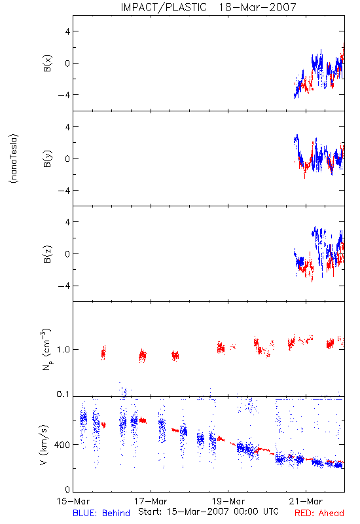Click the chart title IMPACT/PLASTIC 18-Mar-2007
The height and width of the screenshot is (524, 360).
[208, 7]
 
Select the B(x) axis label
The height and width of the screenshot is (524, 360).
[48, 63]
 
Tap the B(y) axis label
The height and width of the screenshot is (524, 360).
[48, 159]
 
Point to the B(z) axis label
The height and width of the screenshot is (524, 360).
[48, 254]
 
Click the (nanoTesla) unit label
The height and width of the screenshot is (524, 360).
[14, 159]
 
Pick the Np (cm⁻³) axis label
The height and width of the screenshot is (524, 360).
[46, 349]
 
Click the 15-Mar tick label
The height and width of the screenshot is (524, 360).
[73, 501]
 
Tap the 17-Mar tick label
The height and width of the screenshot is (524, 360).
[151, 501]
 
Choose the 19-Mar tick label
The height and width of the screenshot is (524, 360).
[228, 501]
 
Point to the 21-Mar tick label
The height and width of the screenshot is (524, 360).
[306, 501]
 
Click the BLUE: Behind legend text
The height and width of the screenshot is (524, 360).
[101, 513]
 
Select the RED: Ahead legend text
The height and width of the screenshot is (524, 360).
[319, 513]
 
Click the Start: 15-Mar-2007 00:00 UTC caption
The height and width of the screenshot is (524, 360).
[208, 512]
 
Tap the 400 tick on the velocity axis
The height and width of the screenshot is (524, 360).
[62, 445]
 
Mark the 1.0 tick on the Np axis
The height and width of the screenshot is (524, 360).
[63, 350]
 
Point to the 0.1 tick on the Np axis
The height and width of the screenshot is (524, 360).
[63, 394]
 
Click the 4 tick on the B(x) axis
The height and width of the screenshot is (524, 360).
[68, 31]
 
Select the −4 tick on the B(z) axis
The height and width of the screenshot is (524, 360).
[64, 286]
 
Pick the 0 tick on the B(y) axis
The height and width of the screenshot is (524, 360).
[68, 159]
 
